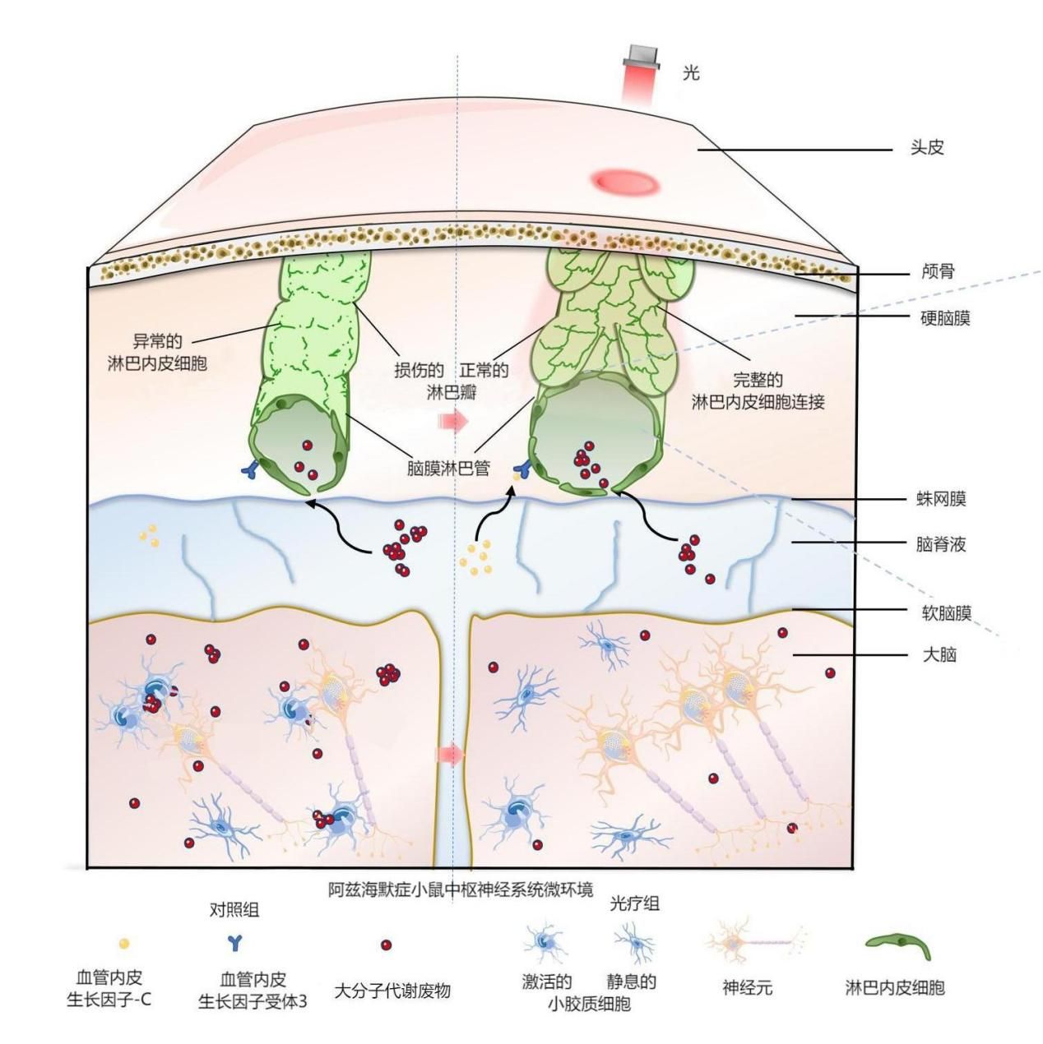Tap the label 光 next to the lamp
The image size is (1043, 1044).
(x=691, y=72)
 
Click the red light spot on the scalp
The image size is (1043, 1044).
(x=624, y=180)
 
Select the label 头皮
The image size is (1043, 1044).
(x=927, y=147)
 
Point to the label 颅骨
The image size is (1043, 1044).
(x=939, y=271)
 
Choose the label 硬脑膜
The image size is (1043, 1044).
(x=945, y=318)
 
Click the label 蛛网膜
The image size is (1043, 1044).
(x=942, y=498)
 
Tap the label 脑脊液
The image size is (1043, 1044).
(x=941, y=544)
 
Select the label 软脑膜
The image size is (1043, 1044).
(x=947, y=613)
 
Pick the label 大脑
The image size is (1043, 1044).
(x=939, y=655)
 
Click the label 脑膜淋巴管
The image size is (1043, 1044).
(x=448, y=468)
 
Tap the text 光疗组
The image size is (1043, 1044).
(x=634, y=903)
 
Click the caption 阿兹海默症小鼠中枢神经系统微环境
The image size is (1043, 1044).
(x=460, y=889)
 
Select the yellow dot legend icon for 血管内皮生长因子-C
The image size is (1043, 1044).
(x=124, y=944)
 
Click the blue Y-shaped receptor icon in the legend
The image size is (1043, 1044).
(x=234, y=943)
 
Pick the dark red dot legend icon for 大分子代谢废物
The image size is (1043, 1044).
(x=386, y=945)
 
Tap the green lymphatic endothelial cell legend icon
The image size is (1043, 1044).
(x=897, y=945)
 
